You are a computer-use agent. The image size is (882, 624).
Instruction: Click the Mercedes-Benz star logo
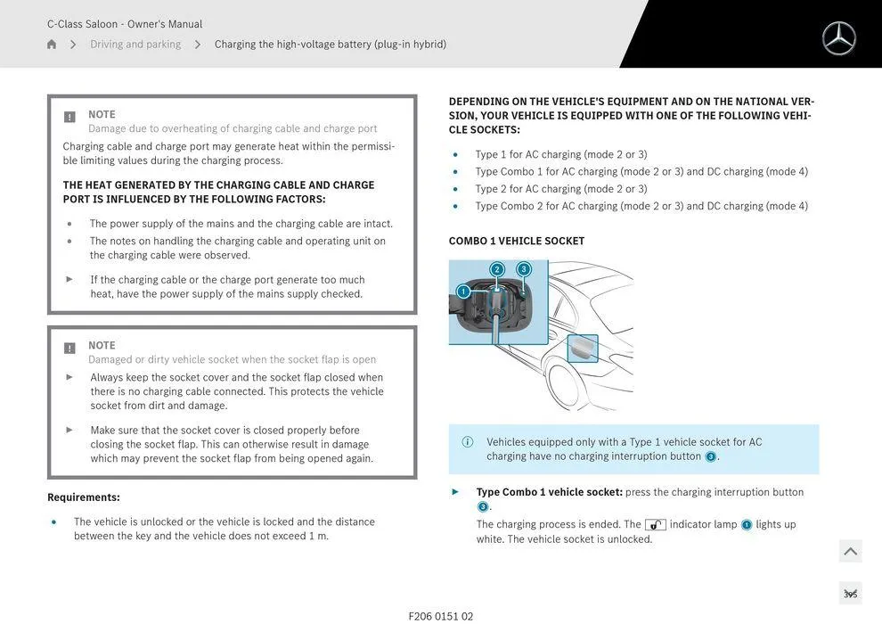[838, 38]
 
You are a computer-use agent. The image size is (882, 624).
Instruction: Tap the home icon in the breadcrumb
[52, 45]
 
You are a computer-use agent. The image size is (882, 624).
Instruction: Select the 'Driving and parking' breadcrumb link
[135, 45]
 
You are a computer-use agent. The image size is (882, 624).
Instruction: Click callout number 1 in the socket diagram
[462, 291]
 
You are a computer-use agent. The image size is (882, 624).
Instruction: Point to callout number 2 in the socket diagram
[497, 269]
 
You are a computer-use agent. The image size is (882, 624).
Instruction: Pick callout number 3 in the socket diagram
[523, 269]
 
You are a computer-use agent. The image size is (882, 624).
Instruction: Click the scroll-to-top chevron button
[850, 552]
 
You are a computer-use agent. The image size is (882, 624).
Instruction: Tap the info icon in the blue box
[468, 442]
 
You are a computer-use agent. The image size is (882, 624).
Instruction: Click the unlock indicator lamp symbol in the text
[655, 525]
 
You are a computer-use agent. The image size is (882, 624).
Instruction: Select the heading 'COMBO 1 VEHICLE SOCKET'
[517, 241]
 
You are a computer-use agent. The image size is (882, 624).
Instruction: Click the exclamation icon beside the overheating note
[69, 117]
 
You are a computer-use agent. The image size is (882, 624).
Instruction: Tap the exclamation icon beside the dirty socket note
[69, 348]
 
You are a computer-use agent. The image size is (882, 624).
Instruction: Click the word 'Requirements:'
[84, 497]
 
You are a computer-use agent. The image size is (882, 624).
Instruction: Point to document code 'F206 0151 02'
[441, 616]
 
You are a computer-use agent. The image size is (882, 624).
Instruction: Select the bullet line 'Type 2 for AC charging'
[561, 189]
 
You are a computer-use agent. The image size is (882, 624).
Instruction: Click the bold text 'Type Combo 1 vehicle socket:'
[549, 492]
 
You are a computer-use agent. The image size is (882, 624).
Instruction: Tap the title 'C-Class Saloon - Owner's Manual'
[125, 24]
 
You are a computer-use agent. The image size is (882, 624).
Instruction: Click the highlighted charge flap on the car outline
[583, 349]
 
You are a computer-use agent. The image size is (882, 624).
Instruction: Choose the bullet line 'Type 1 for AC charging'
[561, 154]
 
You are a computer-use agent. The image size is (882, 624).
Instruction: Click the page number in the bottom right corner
[850, 594]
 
